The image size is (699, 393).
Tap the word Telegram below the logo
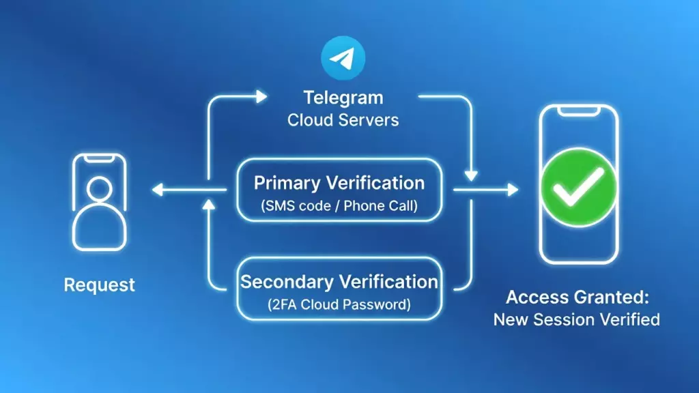(343, 98)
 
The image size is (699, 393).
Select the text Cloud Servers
(343, 120)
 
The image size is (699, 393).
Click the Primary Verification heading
(339, 183)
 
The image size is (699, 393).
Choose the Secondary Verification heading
(339, 281)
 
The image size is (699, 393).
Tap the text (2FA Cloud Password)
(339, 304)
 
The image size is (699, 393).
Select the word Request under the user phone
(100, 285)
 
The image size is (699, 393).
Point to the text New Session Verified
(577, 319)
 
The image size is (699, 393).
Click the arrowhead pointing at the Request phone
(158, 190)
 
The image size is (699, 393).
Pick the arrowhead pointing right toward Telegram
(261, 97)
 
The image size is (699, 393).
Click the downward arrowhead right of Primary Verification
(470, 176)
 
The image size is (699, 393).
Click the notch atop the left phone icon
(100, 159)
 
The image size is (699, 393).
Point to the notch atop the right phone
(579, 111)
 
